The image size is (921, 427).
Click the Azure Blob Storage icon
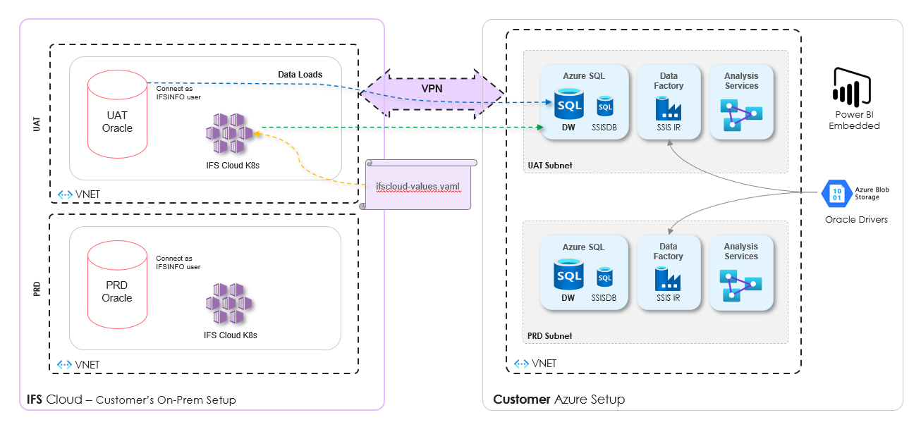click(x=836, y=192)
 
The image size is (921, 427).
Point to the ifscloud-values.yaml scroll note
click(x=418, y=185)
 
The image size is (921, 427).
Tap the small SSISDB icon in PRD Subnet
click(x=606, y=277)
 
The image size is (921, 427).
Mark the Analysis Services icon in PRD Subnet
click(x=741, y=284)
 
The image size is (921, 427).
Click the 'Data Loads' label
click(x=300, y=74)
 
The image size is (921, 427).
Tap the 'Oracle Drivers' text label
click(x=856, y=219)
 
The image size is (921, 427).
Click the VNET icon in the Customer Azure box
click(x=522, y=364)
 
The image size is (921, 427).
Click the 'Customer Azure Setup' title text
click(x=559, y=400)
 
